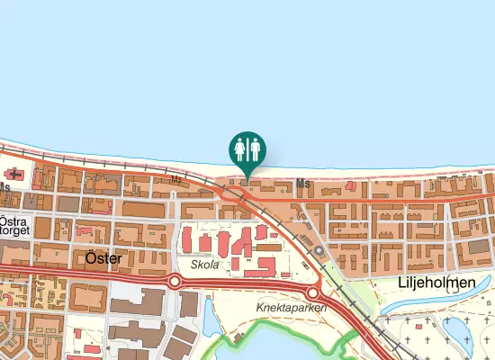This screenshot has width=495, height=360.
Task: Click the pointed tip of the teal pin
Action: point(247,177)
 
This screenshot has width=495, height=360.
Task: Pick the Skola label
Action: point(205,265)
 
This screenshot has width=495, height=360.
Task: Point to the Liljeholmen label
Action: point(436,283)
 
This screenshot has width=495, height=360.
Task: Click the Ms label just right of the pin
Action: point(303,184)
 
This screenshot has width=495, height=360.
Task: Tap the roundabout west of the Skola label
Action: point(175,282)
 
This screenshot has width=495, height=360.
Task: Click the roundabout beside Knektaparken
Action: point(312,293)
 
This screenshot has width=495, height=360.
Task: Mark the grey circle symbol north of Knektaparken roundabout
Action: point(318,250)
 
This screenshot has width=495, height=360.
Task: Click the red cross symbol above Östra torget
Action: point(13,173)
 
